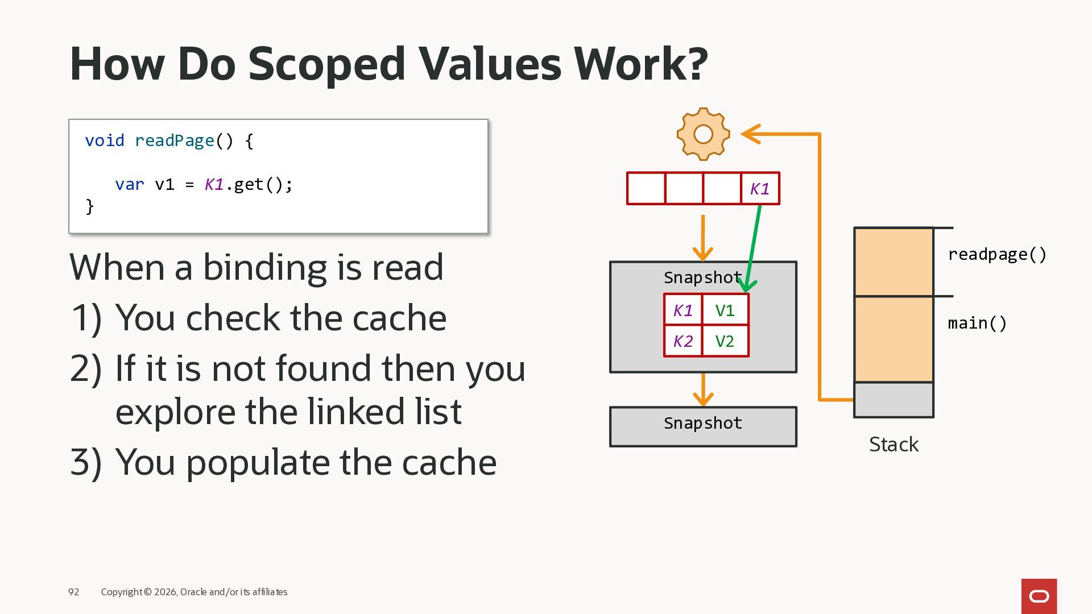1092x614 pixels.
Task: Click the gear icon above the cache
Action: [704, 134]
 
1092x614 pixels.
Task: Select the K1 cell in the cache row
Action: [760, 189]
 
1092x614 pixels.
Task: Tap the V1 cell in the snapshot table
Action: [725, 310]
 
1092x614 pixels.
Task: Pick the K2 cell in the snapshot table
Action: [683, 341]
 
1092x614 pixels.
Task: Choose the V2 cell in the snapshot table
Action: [725, 341]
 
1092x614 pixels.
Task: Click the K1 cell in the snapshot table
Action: [683, 310]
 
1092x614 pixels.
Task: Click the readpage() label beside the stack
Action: [997, 255]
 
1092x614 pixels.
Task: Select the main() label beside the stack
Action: [977, 323]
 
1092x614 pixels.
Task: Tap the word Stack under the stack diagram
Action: [894, 445]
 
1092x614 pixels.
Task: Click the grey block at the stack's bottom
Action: [894, 400]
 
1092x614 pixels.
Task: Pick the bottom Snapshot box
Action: [703, 427]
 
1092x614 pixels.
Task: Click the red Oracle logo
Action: [1039, 596]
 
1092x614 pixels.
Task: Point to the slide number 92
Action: [74, 592]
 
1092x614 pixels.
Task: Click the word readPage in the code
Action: [175, 140]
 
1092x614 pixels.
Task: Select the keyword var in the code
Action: [130, 185]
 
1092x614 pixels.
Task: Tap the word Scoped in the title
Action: [326, 64]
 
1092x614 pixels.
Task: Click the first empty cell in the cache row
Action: [646, 189]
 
